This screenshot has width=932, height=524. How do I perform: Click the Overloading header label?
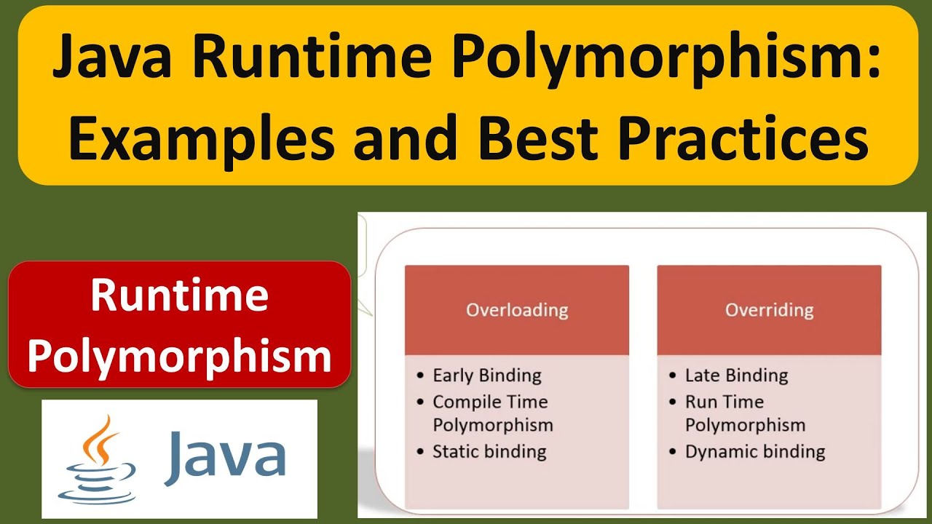(x=517, y=310)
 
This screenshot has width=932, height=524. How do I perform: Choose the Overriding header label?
(x=769, y=310)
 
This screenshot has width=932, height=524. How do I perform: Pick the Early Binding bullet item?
(x=486, y=376)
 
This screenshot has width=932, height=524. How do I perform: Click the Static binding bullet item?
(x=489, y=451)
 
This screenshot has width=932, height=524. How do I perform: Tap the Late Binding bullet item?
(x=736, y=376)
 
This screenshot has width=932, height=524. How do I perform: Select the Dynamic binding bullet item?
(x=754, y=451)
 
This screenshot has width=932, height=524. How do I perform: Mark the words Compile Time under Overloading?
(x=489, y=402)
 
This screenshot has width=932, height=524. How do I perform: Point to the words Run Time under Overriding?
(x=724, y=402)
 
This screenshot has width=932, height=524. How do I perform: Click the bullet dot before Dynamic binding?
(x=673, y=452)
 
